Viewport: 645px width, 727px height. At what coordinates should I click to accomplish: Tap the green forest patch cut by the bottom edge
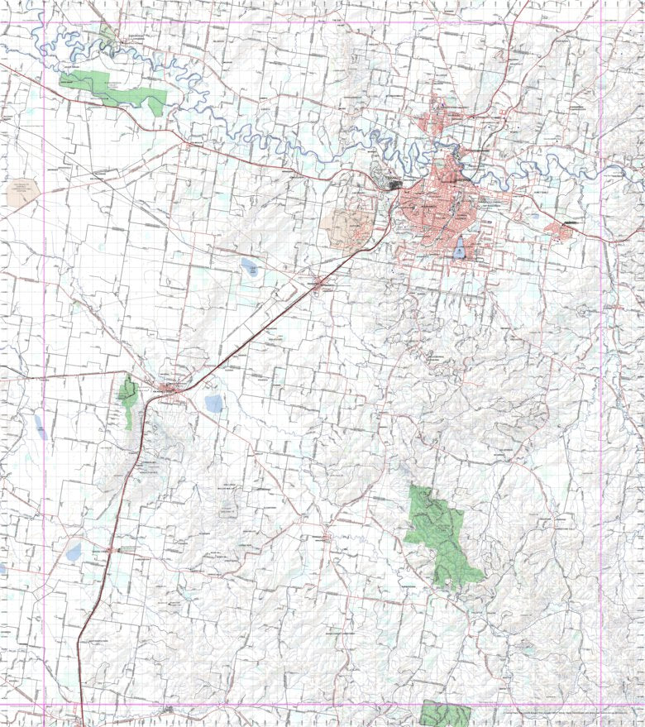pos(445,713)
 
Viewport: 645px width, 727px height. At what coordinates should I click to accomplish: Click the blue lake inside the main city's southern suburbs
pos(460,248)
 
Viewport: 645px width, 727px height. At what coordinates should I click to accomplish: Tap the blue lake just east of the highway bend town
pos(213,404)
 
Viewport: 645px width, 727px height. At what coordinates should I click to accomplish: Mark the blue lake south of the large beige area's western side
pos(249,266)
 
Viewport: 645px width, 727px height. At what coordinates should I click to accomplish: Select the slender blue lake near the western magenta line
pos(39,426)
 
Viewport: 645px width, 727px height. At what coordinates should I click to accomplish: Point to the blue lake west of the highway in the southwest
pos(74,550)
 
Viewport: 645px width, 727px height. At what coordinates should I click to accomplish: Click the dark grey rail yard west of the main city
pos(390,185)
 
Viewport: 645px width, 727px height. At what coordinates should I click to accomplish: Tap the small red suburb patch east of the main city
pos(561,230)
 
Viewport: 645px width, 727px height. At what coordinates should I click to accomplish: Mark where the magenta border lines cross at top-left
pos(44,22)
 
